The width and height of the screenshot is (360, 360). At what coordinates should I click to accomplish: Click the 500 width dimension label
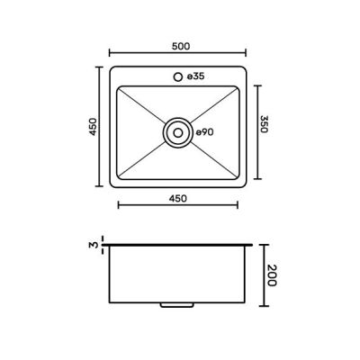click(x=181, y=47)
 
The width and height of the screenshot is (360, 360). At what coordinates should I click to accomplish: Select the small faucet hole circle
click(x=178, y=76)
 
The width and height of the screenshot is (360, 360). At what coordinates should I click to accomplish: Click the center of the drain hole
click(x=178, y=132)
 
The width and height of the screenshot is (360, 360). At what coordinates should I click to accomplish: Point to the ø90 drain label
click(x=205, y=132)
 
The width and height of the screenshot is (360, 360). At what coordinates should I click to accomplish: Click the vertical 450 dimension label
click(x=94, y=127)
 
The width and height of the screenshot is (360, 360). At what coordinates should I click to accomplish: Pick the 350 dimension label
click(x=264, y=124)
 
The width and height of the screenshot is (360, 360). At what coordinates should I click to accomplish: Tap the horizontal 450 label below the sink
click(x=178, y=198)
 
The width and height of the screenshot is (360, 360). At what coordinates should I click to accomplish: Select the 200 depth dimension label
click(x=272, y=275)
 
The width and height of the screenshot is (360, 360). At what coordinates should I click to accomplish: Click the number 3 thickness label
click(x=94, y=245)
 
